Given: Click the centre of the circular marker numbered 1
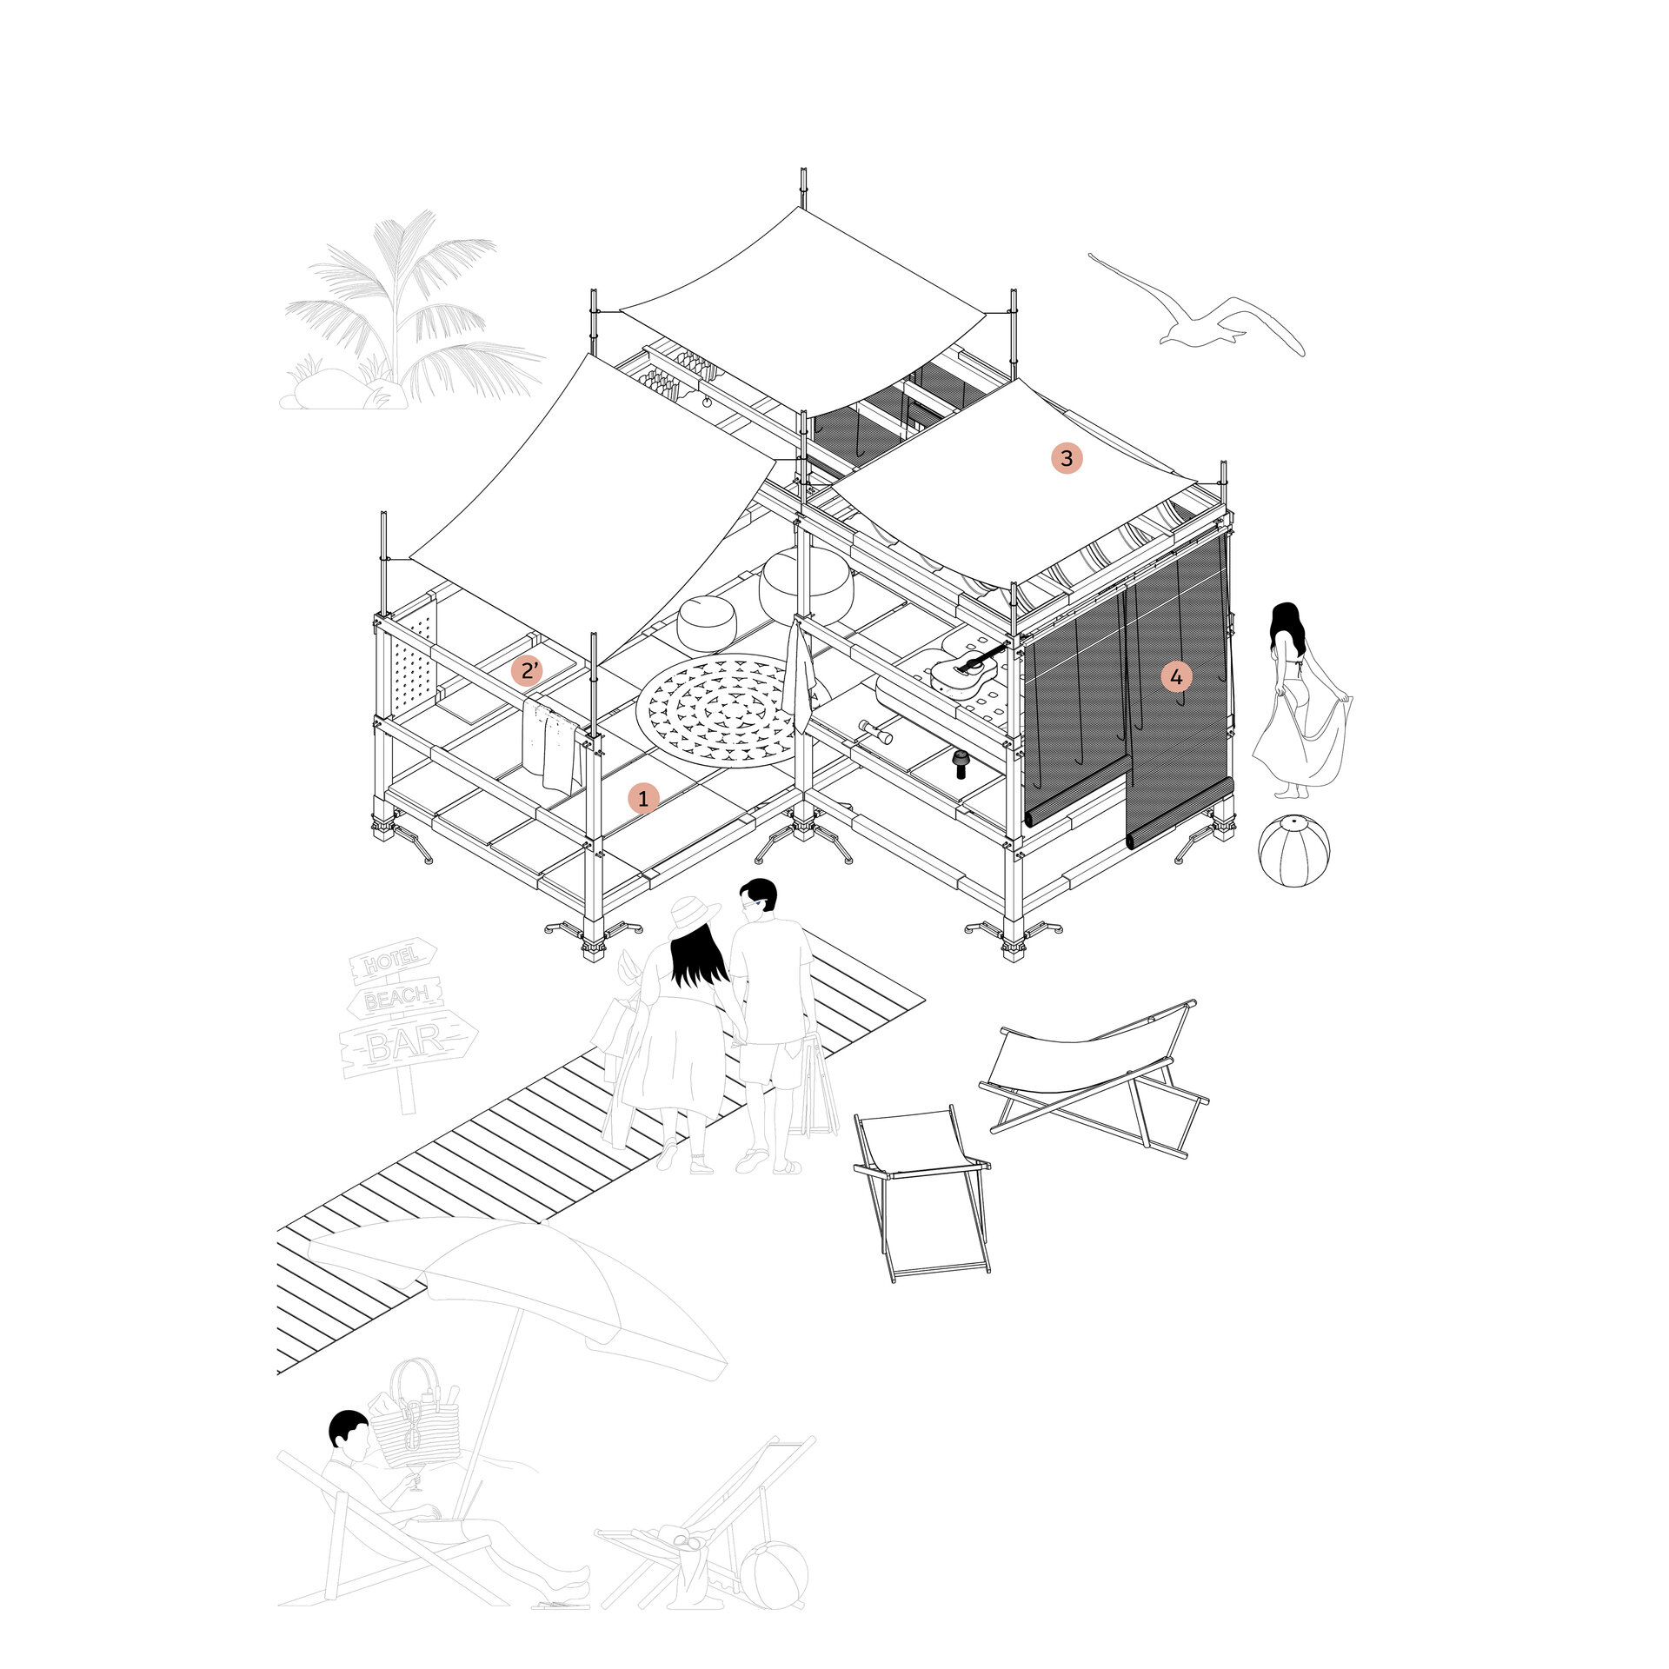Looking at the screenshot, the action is (643, 797).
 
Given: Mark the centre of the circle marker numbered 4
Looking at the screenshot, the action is (1176, 676).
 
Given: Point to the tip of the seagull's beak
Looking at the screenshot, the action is (1089, 256).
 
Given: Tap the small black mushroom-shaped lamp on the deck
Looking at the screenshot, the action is (962, 763).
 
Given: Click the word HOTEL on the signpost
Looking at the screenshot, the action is (391, 961).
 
